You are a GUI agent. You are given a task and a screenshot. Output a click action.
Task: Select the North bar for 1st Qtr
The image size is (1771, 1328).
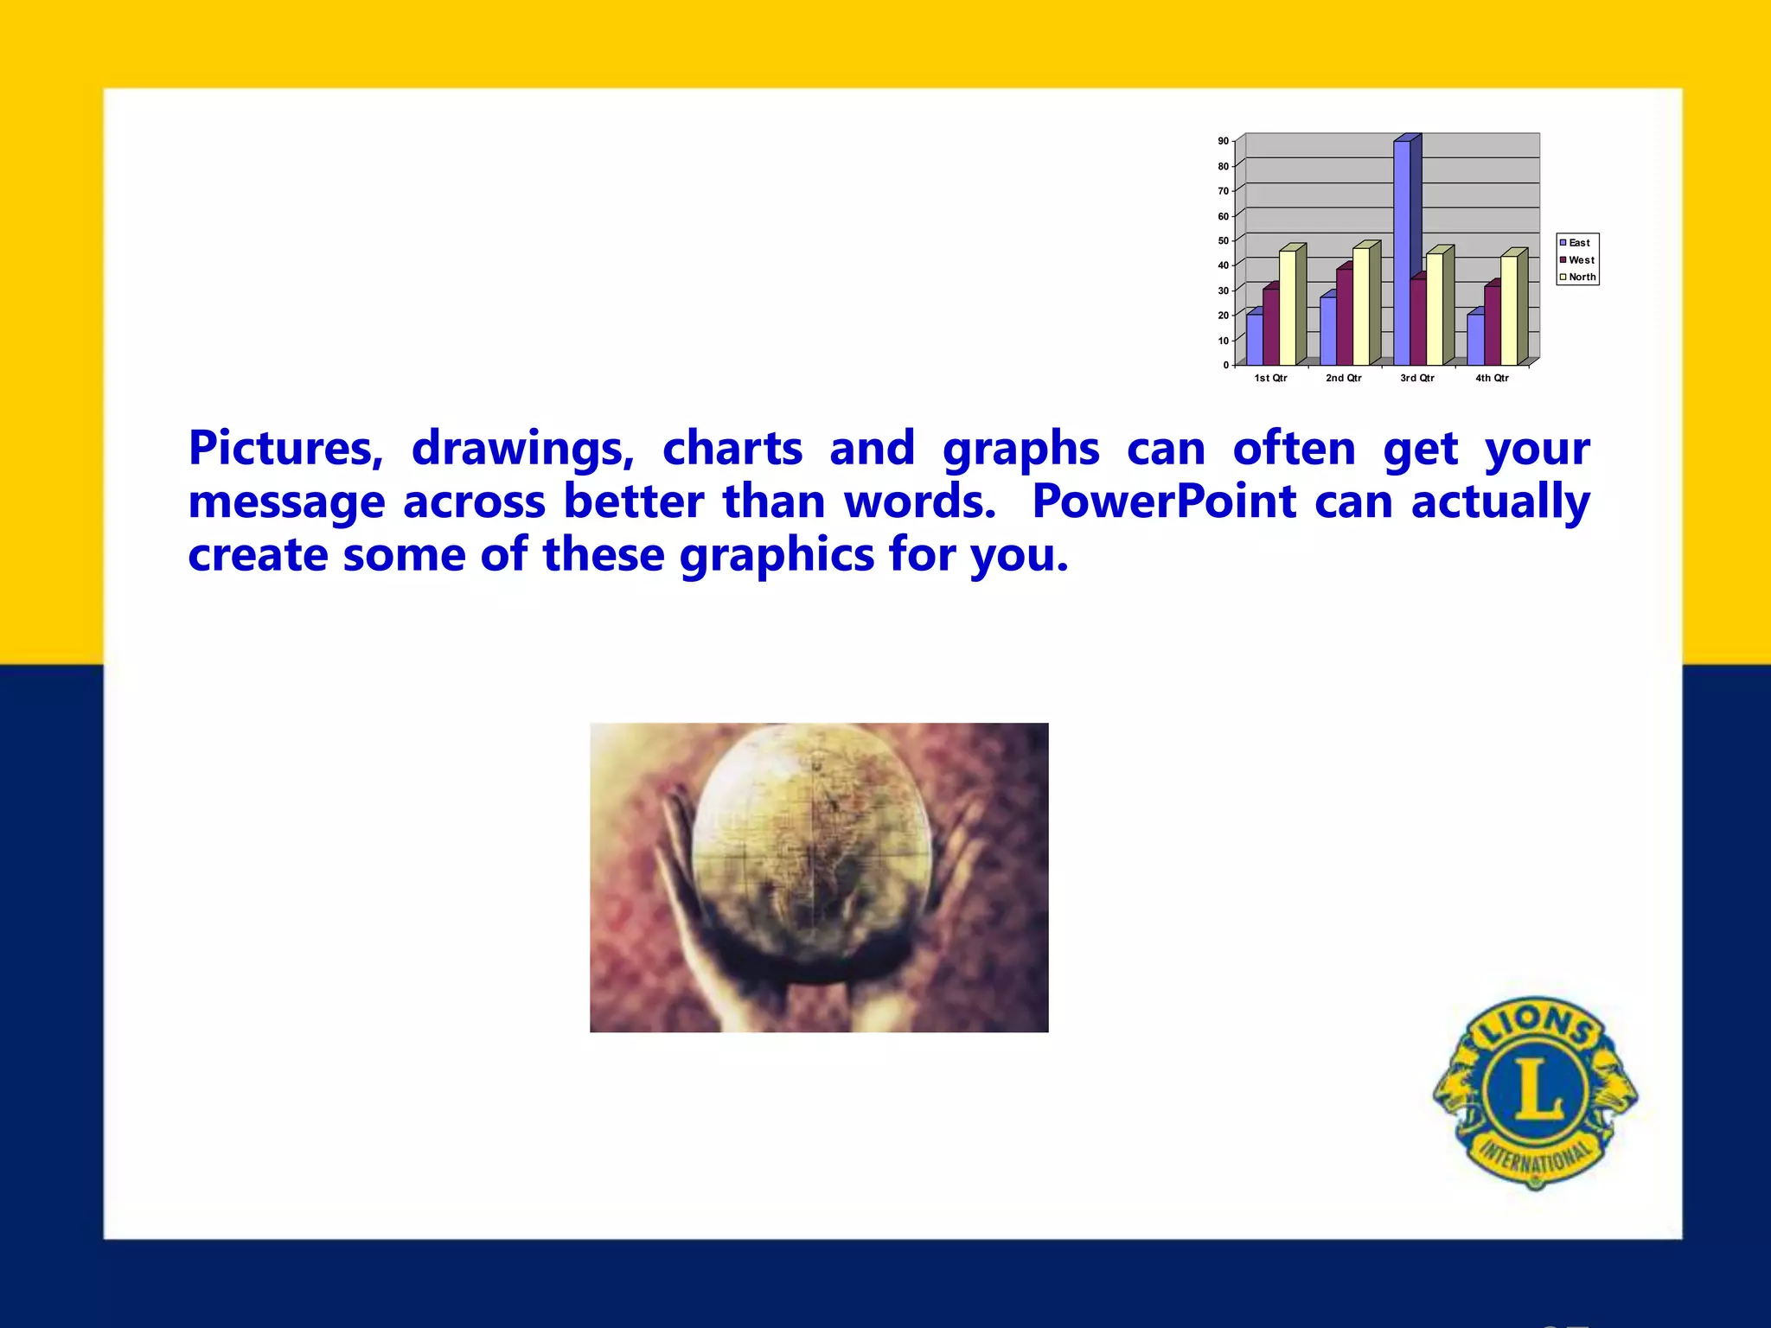(1288, 307)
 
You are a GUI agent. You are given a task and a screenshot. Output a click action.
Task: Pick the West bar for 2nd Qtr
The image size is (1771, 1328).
(1344, 316)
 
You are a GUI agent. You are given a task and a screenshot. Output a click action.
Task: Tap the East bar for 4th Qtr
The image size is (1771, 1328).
(1475, 339)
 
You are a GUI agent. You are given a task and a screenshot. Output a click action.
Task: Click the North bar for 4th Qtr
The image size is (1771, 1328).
(1509, 310)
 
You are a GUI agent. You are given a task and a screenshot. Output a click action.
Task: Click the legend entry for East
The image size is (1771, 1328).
(1578, 243)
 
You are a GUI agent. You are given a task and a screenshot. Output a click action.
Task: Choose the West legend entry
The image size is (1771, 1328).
(1580, 260)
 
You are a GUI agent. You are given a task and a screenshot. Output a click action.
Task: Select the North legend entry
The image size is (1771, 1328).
(1581, 278)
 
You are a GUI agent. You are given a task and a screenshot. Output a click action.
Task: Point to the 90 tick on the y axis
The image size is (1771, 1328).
(1224, 141)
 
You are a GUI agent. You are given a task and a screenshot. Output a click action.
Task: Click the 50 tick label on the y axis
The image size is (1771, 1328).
(1224, 240)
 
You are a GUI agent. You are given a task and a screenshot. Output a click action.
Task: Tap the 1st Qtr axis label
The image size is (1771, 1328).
(1270, 378)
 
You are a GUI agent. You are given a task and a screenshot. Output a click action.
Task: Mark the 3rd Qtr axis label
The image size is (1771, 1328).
(1417, 378)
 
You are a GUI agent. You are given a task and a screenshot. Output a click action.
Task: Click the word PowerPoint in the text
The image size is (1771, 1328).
(1164, 501)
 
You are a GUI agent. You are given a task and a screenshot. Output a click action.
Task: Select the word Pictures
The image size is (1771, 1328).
(285, 449)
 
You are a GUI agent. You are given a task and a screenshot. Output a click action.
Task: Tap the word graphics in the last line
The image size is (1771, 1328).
(777, 554)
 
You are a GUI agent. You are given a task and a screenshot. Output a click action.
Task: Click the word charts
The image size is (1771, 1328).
(732, 449)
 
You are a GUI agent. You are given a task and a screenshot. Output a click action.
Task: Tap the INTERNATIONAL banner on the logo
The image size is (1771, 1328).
(1536, 1159)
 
